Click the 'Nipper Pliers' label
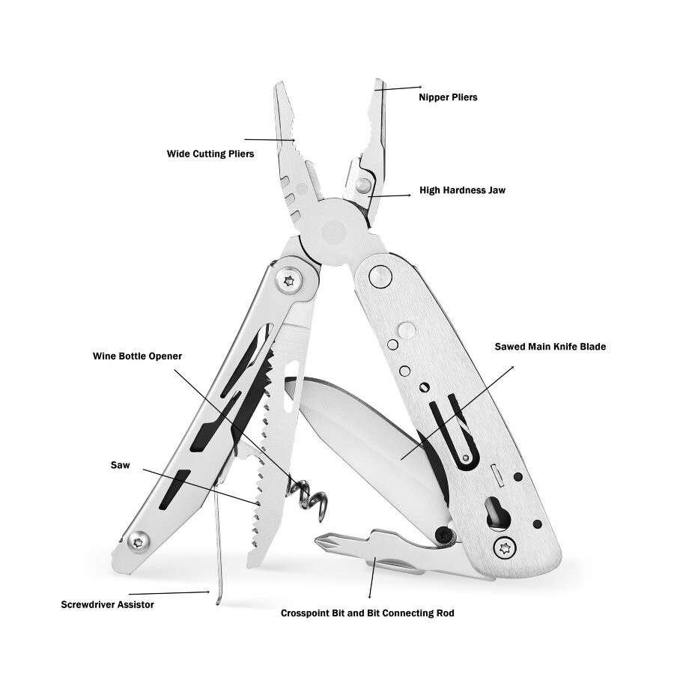click(x=448, y=97)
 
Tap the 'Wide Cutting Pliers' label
click(x=210, y=154)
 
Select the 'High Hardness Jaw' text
click(x=462, y=190)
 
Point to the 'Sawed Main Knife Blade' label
click(x=550, y=347)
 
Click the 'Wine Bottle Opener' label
click(x=137, y=356)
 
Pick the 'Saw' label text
click(x=121, y=465)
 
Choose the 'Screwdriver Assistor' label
click(x=107, y=604)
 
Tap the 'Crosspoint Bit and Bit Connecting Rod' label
click(x=367, y=613)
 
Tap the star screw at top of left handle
click(x=288, y=280)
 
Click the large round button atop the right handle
click(x=380, y=276)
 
